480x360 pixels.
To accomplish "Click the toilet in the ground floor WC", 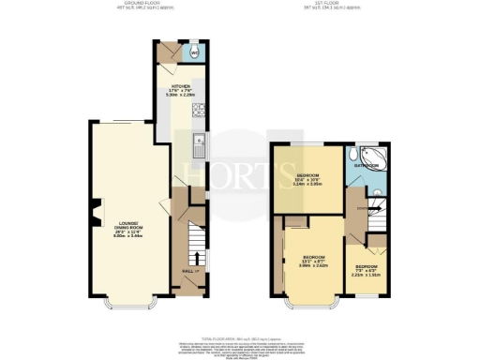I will point(193,51).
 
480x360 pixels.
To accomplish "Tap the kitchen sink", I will point(199,144).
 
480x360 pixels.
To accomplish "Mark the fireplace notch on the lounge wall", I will point(94,216).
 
